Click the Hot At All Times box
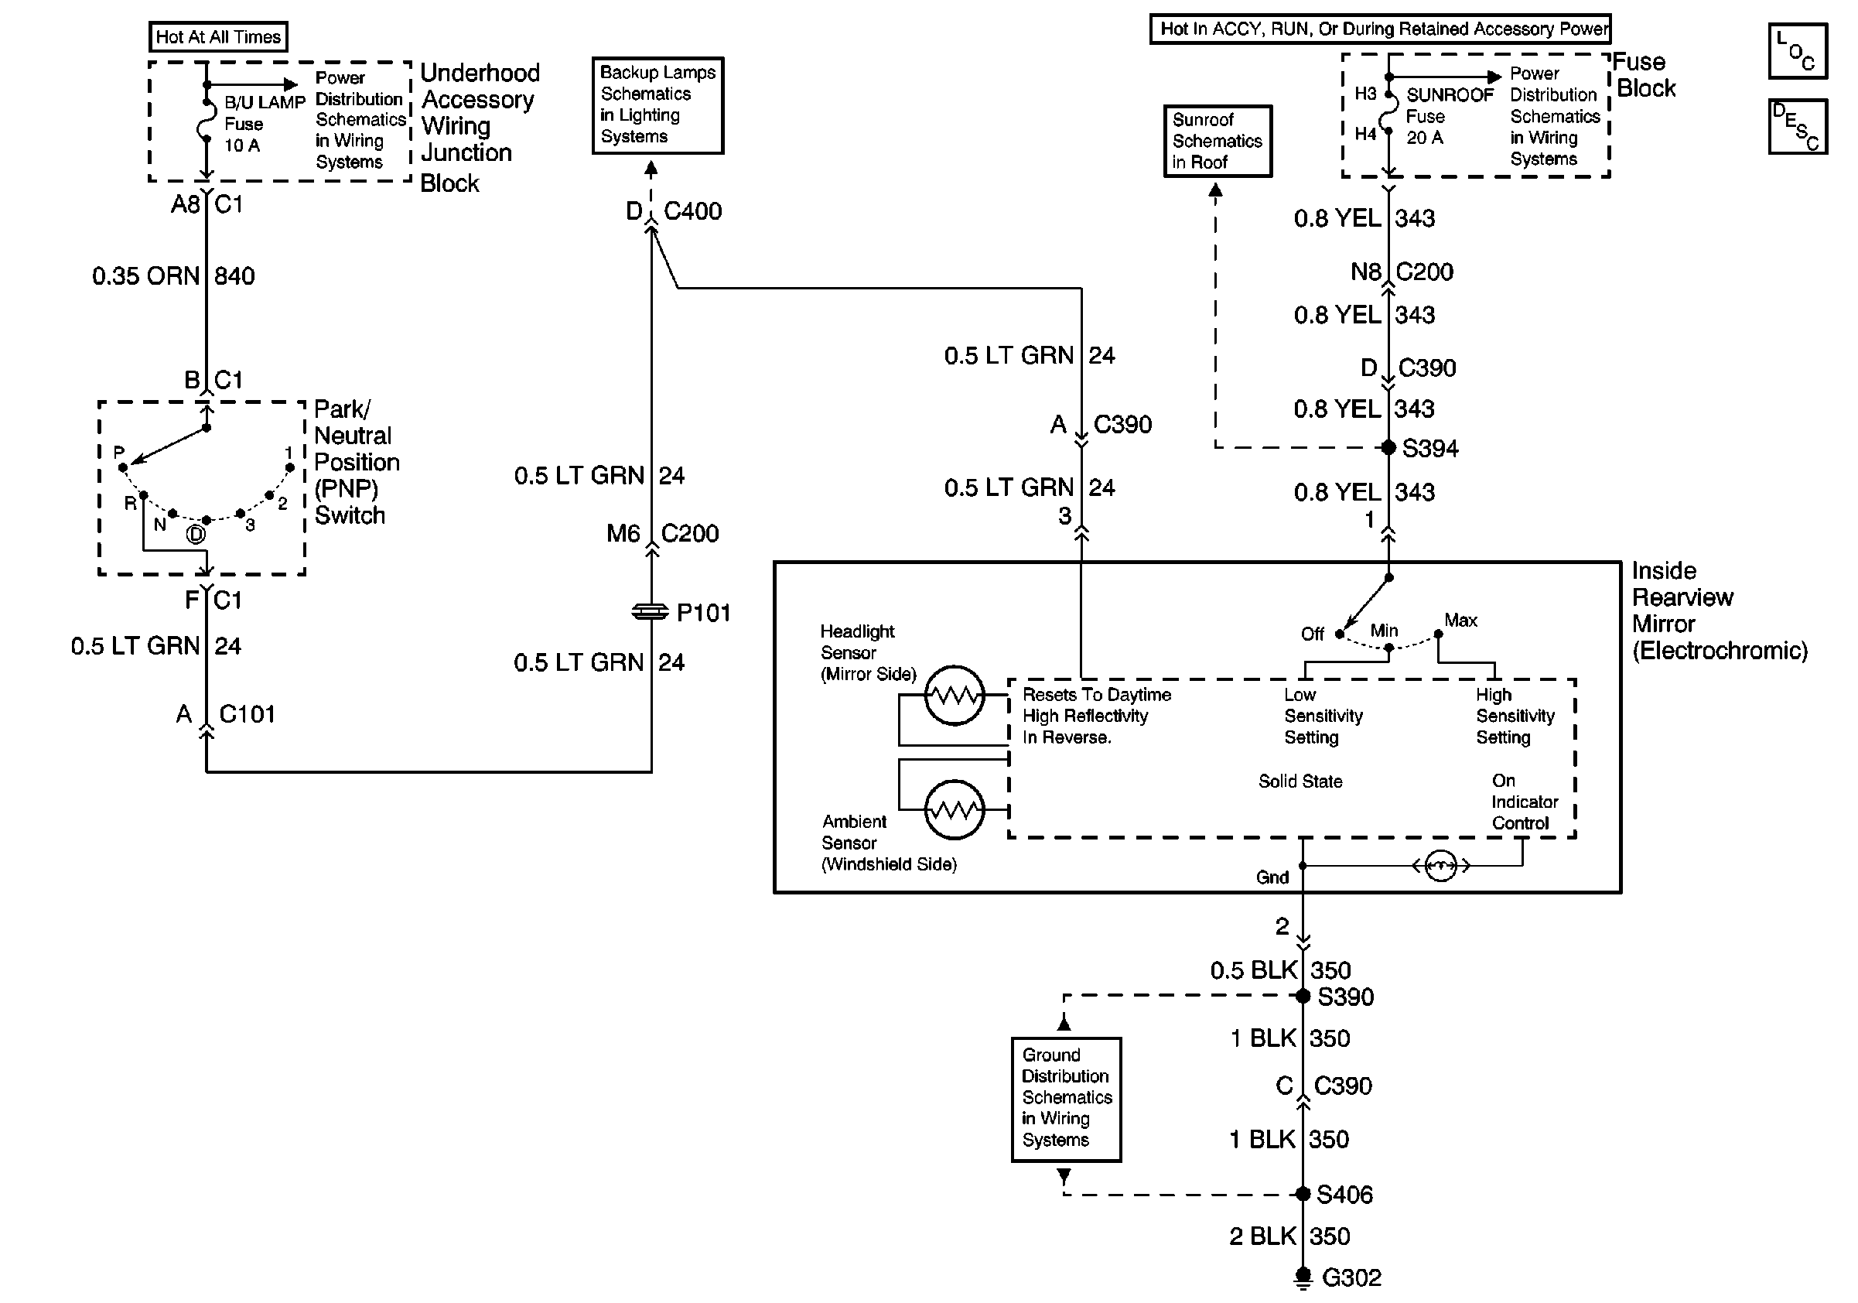click(x=217, y=36)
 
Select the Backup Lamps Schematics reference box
click(x=658, y=105)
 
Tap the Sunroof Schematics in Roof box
click(x=1217, y=141)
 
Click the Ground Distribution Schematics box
click(x=1066, y=1099)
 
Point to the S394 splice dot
click(x=1388, y=447)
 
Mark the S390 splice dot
click(x=1303, y=997)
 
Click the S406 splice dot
click(x=1303, y=1194)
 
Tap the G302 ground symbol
click(x=1303, y=1277)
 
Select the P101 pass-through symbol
click(x=651, y=613)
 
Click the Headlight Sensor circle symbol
click(x=955, y=695)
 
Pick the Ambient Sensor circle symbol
click(x=955, y=809)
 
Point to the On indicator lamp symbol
click(x=1440, y=867)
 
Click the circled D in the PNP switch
click(x=196, y=535)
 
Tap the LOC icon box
click(x=1798, y=50)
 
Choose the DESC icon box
click(x=1798, y=126)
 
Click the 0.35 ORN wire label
click(x=145, y=276)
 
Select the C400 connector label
click(x=693, y=211)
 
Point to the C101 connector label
click(x=247, y=714)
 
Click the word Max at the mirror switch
click(x=1460, y=621)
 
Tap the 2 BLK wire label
click(x=1262, y=1236)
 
